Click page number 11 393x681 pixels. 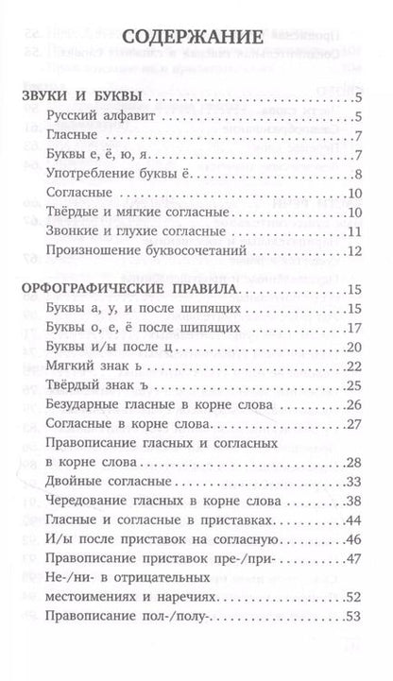coord(356,231)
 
